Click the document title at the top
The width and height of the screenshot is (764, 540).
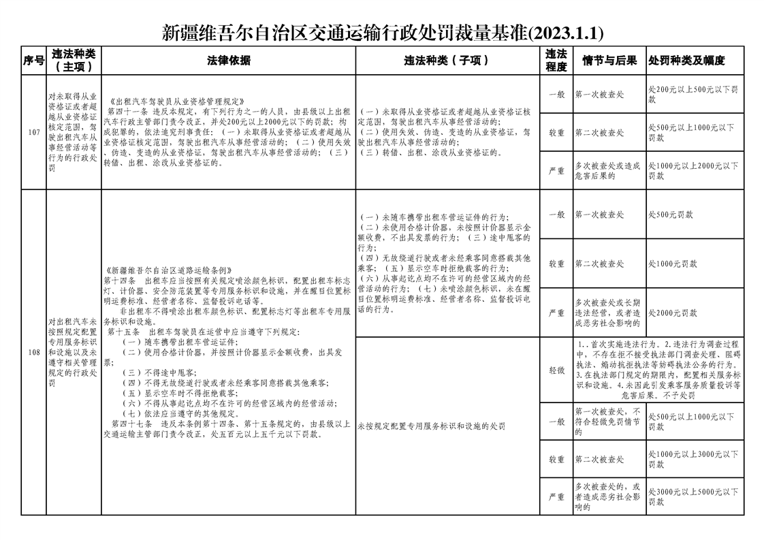[382, 32]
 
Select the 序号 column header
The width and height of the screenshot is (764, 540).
[33, 61]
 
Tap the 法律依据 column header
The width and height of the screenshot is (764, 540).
[229, 61]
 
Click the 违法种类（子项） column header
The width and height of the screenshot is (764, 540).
[447, 61]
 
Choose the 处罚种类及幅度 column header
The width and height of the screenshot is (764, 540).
[686, 61]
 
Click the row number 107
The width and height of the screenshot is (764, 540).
[33, 132]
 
